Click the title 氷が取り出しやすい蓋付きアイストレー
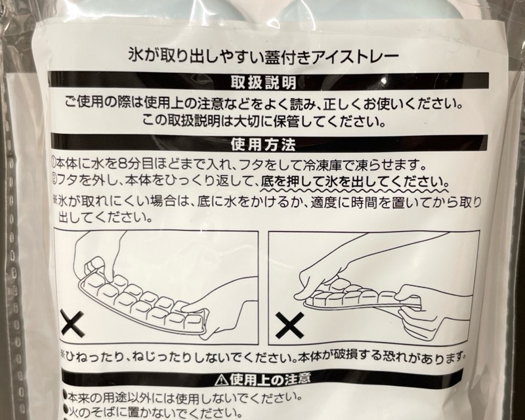pyautogui.click(x=264, y=55)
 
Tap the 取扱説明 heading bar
pyautogui.click(x=264, y=81)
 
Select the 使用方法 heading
pyautogui.click(x=263, y=144)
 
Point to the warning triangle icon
pyautogui.click(x=222, y=379)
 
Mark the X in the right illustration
pyautogui.click(x=289, y=325)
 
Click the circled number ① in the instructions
pyautogui.click(x=54, y=163)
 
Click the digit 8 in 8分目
pyautogui.click(x=123, y=164)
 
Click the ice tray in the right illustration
pyautogui.click(x=362, y=297)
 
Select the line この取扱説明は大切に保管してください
pyautogui.click(x=264, y=120)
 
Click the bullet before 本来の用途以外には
pyautogui.click(x=65, y=397)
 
